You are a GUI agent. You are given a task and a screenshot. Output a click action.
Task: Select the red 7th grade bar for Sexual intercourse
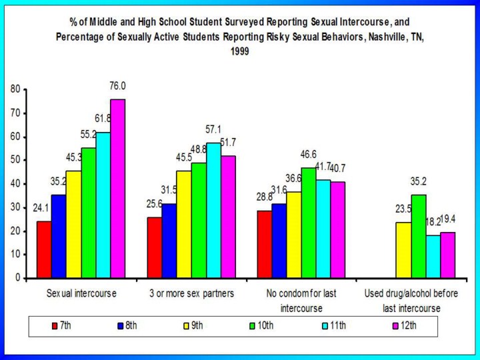43,249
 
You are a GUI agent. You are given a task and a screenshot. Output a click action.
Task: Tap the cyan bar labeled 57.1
213,211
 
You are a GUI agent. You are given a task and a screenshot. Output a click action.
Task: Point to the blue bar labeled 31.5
170,241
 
